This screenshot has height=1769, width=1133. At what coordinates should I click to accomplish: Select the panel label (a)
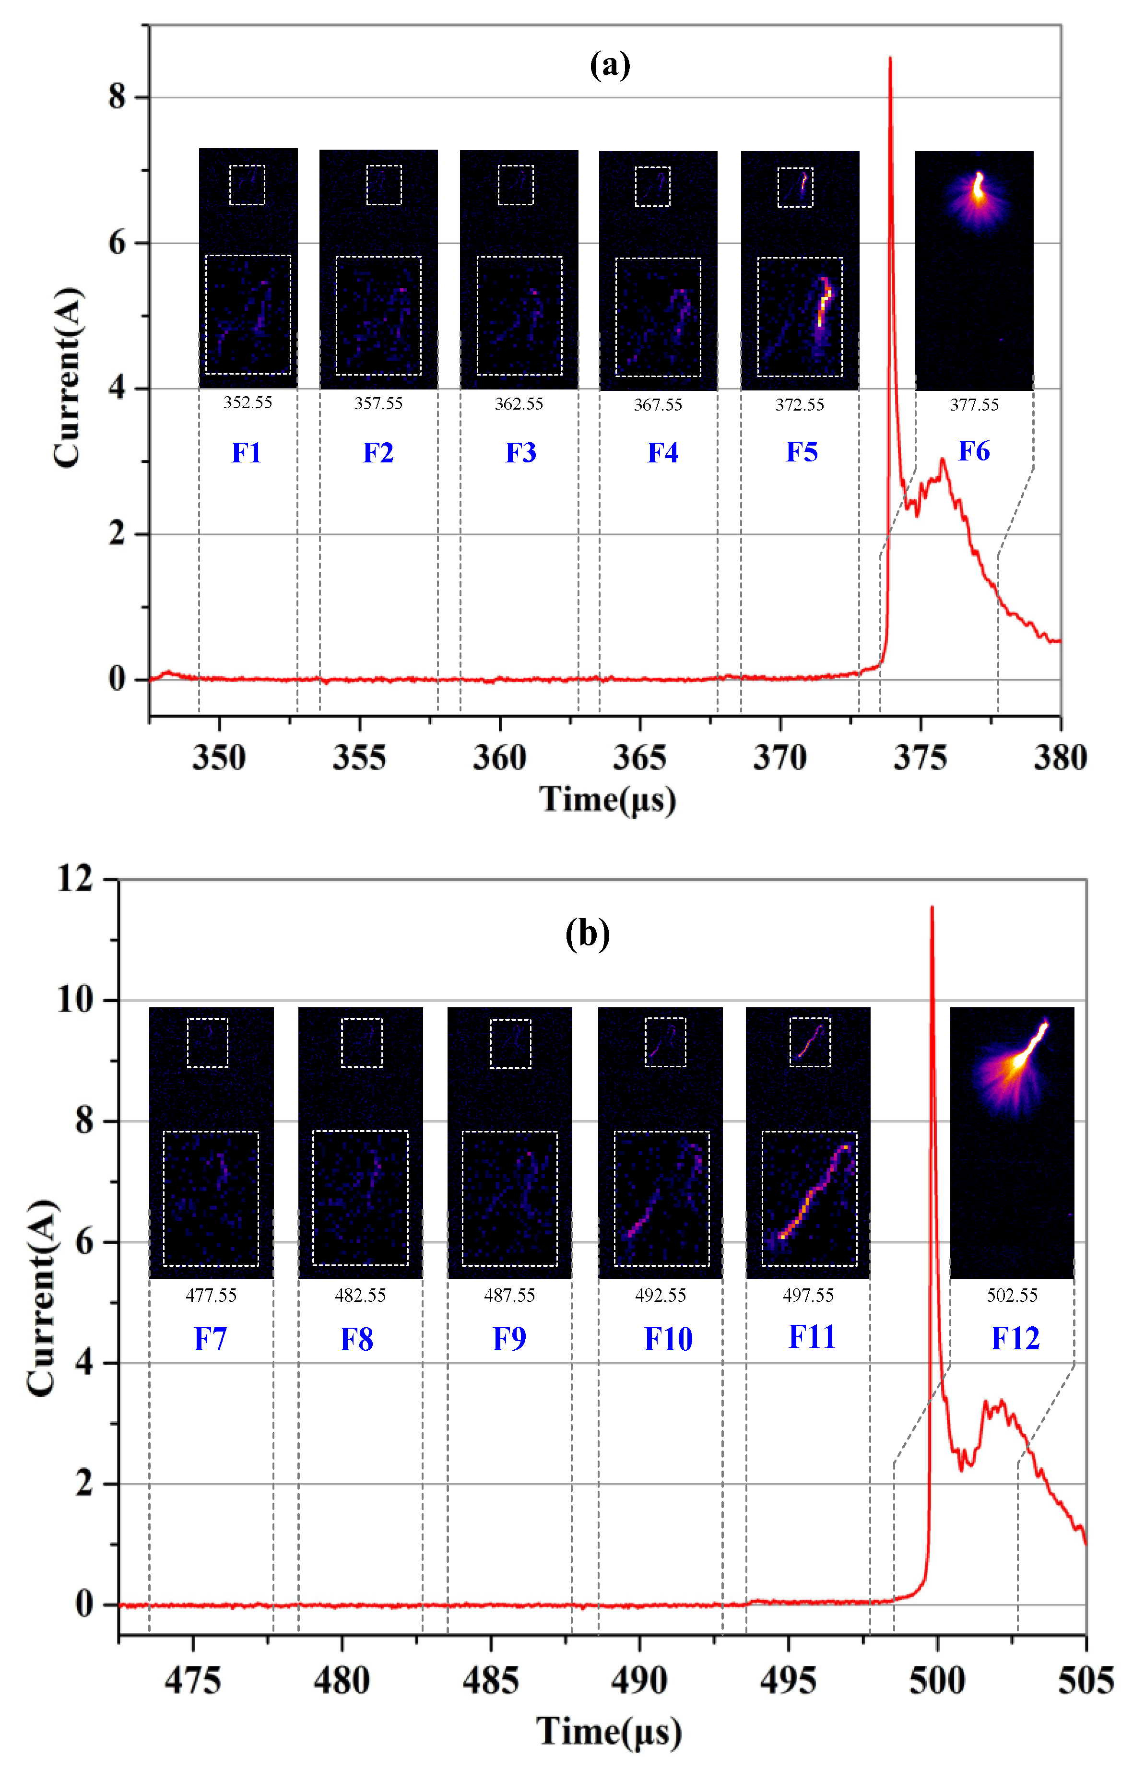tap(610, 65)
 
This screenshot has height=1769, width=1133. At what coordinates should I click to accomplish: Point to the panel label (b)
tap(587, 934)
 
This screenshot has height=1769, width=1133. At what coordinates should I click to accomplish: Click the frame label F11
tap(812, 1336)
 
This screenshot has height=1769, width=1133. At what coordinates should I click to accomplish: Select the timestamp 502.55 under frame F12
tap(1012, 1295)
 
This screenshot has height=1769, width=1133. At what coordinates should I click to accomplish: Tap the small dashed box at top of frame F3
tap(515, 185)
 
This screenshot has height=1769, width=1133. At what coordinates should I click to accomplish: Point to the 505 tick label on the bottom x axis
tap(1085, 1681)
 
